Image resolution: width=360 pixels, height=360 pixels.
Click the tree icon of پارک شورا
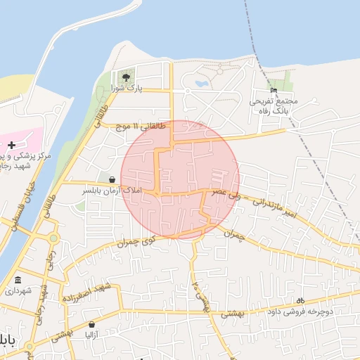click(x=125, y=77)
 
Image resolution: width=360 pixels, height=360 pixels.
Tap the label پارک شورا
click(x=126, y=89)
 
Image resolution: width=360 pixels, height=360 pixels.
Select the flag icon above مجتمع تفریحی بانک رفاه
click(x=274, y=90)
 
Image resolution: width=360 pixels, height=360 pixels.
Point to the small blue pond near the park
click(x=201, y=83)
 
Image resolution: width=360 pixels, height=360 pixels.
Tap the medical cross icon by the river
click(x=12, y=145)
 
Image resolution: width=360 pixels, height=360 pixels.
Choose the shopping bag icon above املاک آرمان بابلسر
click(x=112, y=180)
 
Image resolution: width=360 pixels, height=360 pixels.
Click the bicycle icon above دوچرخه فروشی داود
click(x=301, y=300)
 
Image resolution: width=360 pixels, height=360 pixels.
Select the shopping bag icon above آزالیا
click(x=94, y=325)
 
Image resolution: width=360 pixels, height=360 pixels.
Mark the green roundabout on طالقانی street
click(x=53, y=238)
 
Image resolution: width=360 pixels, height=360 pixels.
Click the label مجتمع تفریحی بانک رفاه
click(x=274, y=106)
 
